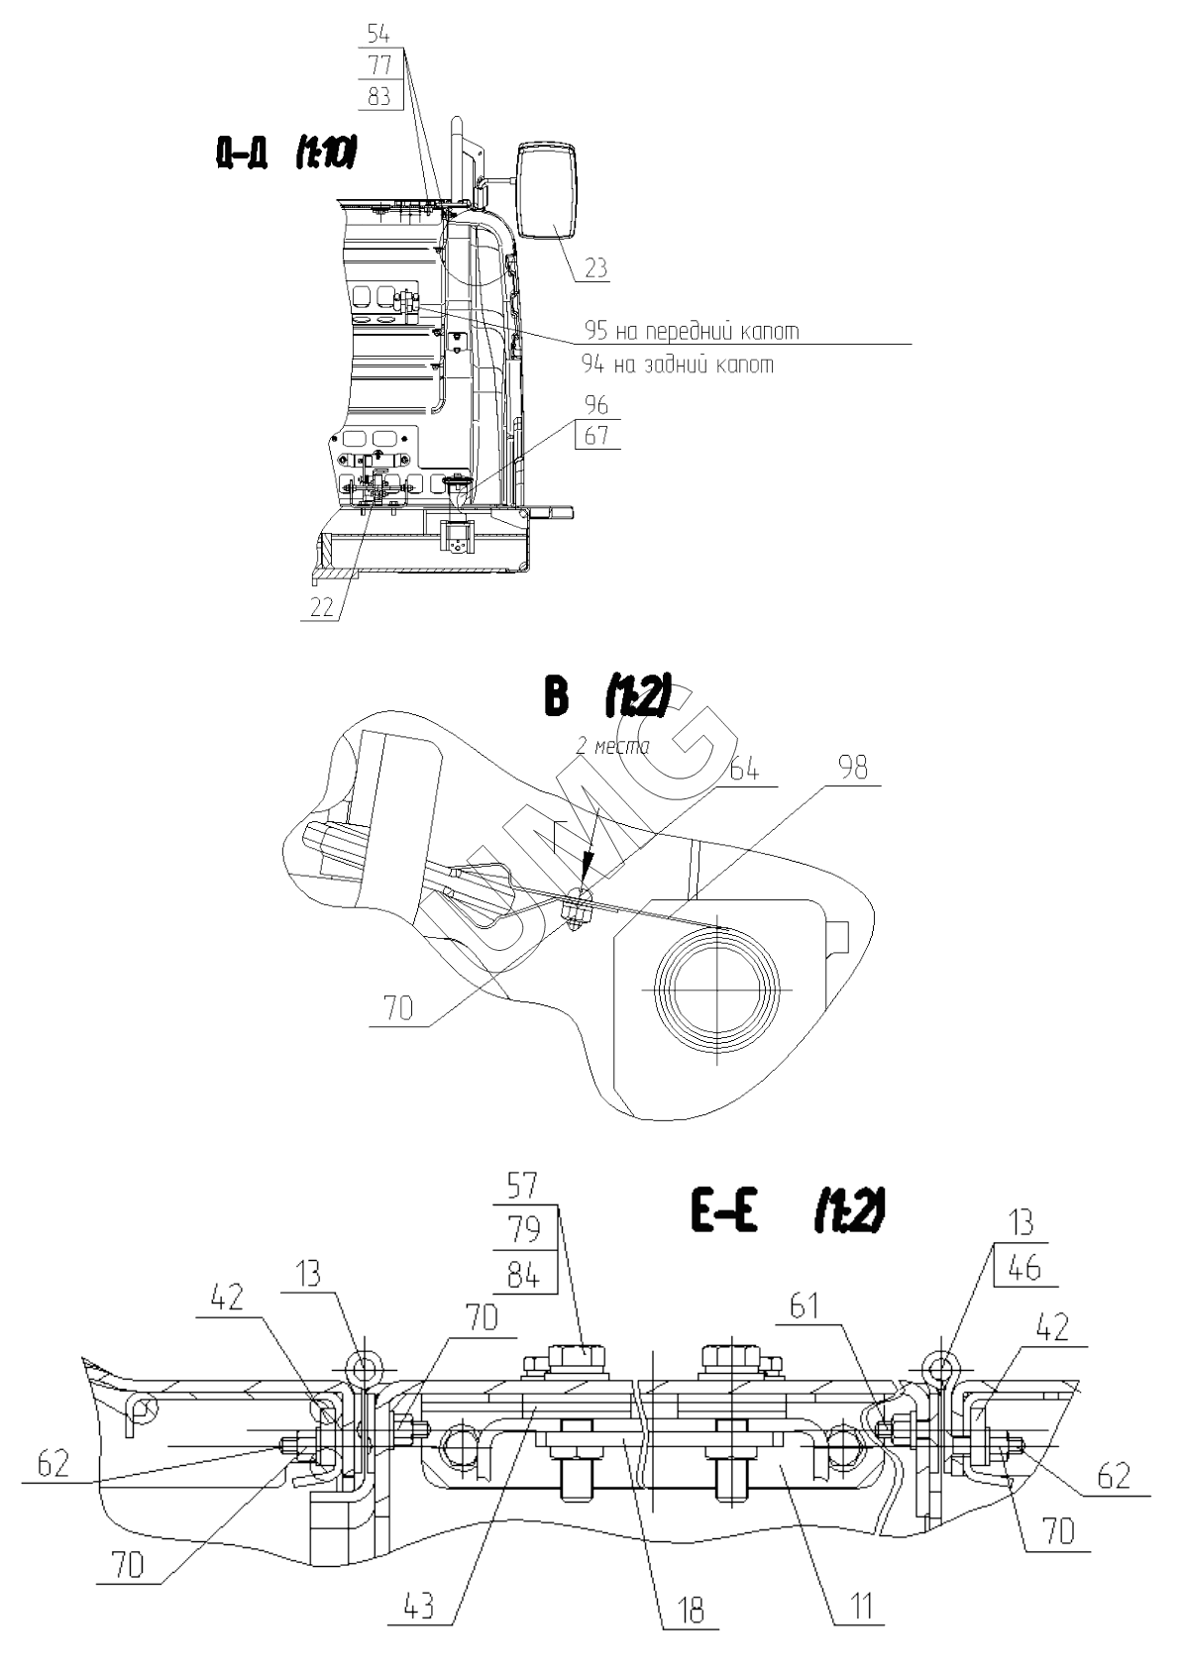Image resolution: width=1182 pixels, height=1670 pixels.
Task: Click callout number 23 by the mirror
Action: (x=596, y=267)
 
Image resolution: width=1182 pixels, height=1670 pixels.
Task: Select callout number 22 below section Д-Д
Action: (x=322, y=607)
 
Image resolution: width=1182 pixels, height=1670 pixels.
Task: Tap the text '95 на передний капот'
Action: (x=691, y=331)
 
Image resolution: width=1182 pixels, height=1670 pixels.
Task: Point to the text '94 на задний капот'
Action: (x=678, y=365)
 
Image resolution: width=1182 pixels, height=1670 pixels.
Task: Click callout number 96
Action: (x=596, y=405)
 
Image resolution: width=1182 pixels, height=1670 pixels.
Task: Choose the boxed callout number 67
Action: (x=596, y=435)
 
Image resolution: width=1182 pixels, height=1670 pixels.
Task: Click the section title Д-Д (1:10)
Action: (x=285, y=154)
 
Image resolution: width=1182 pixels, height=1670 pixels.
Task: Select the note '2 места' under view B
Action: (x=612, y=746)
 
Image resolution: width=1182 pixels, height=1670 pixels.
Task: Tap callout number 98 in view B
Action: (x=853, y=768)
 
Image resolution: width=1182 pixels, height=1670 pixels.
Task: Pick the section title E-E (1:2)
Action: (x=786, y=1211)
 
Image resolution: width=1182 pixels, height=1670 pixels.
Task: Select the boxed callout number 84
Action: (x=522, y=1275)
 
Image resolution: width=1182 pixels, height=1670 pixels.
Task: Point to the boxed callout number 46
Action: (x=1024, y=1268)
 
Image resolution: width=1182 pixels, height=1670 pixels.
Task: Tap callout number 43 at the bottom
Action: (x=419, y=1607)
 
